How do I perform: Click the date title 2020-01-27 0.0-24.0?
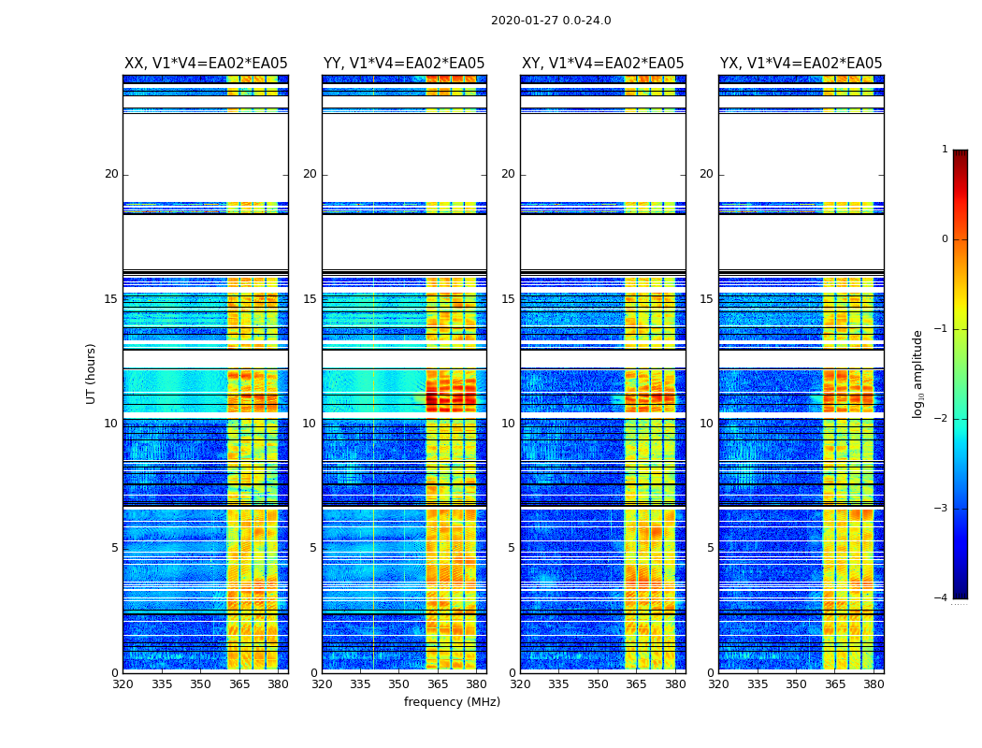pyautogui.click(x=551, y=21)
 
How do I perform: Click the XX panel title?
pyautogui.click(x=206, y=64)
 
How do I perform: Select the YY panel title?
pyautogui.click(x=404, y=64)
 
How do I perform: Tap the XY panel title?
pyautogui.click(x=603, y=64)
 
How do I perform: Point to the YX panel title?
pyautogui.click(x=801, y=64)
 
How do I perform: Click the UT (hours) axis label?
pyautogui.click(x=92, y=373)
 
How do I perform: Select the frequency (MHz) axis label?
pyautogui.click(x=452, y=702)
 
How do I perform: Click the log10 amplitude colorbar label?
pyautogui.click(x=918, y=373)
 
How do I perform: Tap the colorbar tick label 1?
pyautogui.click(x=944, y=150)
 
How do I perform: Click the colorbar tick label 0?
pyautogui.click(x=944, y=239)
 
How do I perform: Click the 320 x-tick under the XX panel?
pyautogui.click(x=123, y=684)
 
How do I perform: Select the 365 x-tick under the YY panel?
pyautogui.click(x=438, y=684)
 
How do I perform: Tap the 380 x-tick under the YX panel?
pyautogui.click(x=874, y=684)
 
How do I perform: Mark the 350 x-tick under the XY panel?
pyautogui.click(x=598, y=684)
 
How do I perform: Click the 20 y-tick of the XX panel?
pyautogui.click(x=111, y=174)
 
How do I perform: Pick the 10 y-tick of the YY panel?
pyautogui.click(x=310, y=424)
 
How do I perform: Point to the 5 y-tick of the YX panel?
pyautogui.click(x=710, y=548)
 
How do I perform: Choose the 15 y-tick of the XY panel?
pyautogui.click(x=508, y=299)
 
